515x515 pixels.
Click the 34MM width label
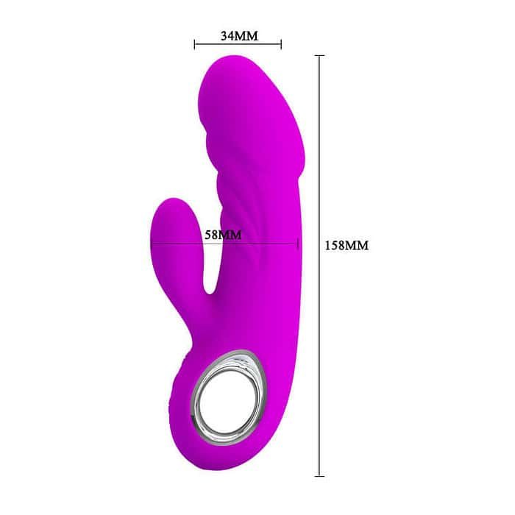(237, 35)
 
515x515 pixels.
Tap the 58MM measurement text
(223, 235)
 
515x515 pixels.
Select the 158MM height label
(346, 246)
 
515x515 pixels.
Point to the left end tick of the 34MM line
(194, 44)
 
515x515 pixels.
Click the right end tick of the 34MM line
(281, 44)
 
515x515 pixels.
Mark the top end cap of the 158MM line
(319, 55)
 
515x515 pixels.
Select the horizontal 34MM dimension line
(237, 44)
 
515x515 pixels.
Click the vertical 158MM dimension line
(319, 331)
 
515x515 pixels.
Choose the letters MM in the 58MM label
(231, 235)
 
